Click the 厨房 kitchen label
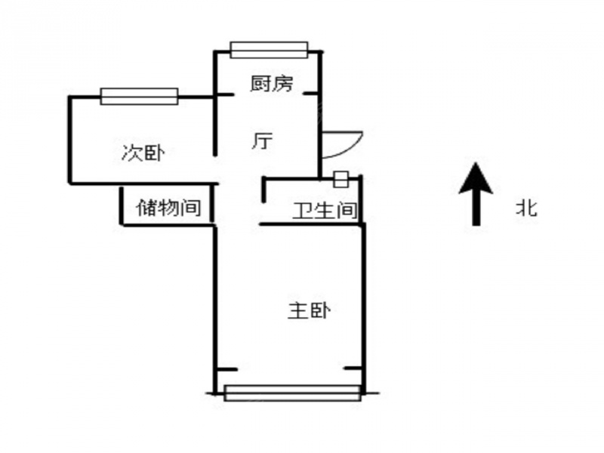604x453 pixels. pos(272,84)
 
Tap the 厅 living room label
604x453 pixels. pos(262,140)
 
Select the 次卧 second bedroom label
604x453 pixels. pos(143,153)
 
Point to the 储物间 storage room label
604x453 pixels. pos(168,208)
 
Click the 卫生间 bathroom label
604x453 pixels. pos(325,211)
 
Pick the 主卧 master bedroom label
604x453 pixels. pos(309,311)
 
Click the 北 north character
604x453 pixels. pos(526,208)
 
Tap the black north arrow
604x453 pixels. pos(476,194)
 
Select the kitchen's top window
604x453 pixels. pos(269,50)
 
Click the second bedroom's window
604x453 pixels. pos(139,97)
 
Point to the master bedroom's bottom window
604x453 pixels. pos(292,393)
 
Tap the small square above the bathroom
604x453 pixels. pos(341,179)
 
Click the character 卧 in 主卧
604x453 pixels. pos(320,311)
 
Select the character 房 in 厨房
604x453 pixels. pos(283,84)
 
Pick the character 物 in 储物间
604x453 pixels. pos(168,208)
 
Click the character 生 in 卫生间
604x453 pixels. pos(325,211)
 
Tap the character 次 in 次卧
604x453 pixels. pos(132,153)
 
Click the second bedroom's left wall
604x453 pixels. pos(70,140)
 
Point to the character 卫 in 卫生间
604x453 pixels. pos(304,211)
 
